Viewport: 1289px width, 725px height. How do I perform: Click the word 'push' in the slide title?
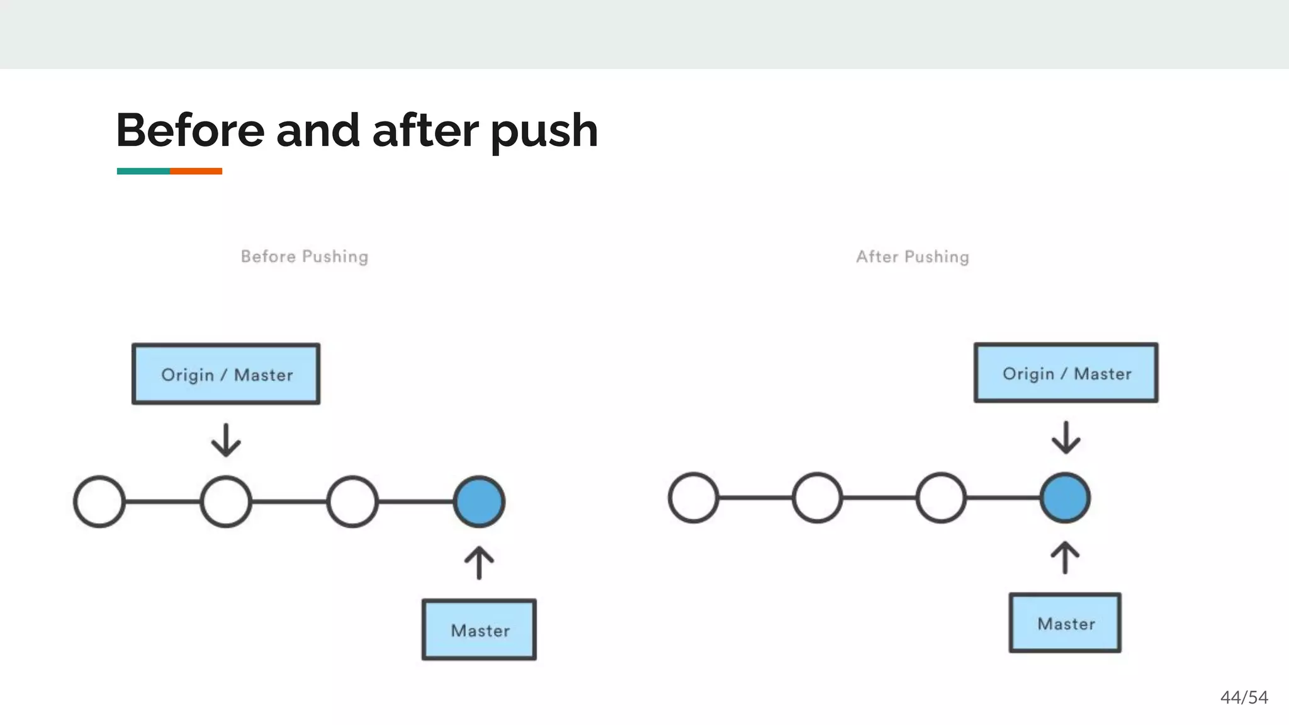click(544, 131)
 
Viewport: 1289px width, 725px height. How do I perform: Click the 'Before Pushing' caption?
click(305, 257)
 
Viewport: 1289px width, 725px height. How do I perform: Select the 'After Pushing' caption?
click(912, 257)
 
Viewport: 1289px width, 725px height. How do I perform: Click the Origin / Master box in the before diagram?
click(226, 374)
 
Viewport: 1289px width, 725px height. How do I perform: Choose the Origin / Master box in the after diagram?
click(1066, 373)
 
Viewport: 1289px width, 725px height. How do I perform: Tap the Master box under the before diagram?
click(479, 629)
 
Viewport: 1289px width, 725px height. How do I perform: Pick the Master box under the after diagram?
click(1065, 623)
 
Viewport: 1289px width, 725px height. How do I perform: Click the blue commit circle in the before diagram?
click(479, 502)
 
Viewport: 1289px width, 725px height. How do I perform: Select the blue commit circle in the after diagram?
click(1065, 498)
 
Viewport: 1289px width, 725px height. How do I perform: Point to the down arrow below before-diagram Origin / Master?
click(226, 440)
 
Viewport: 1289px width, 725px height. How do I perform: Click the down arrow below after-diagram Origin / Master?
click(1066, 437)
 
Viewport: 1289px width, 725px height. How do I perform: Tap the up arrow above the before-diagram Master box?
click(479, 562)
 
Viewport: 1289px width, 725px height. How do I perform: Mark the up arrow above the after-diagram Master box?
click(1065, 557)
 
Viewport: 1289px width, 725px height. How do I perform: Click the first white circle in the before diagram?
click(99, 502)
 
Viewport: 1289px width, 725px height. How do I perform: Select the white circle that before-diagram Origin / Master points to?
click(226, 502)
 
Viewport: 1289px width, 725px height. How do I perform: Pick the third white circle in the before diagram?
click(352, 502)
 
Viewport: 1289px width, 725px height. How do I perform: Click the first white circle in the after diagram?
click(693, 498)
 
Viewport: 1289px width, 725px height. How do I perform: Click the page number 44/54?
click(1244, 697)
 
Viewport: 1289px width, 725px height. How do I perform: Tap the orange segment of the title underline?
click(196, 171)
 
